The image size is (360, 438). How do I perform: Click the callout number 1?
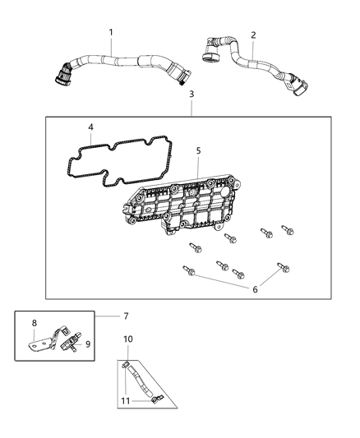pyautogui.click(x=111, y=32)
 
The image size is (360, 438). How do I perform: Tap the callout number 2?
pyautogui.click(x=253, y=35)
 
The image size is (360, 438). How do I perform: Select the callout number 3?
pyautogui.click(x=192, y=95)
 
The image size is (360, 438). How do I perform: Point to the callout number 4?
pyautogui.click(x=91, y=127)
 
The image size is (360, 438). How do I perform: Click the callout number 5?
pyautogui.click(x=198, y=150)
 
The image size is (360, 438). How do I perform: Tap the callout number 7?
pyautogui.click(x=126, y=316)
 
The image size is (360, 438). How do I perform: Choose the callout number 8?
pyautogui.click(x=34, y=323)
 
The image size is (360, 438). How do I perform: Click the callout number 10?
pyautogui.click(x=127, y=339)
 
